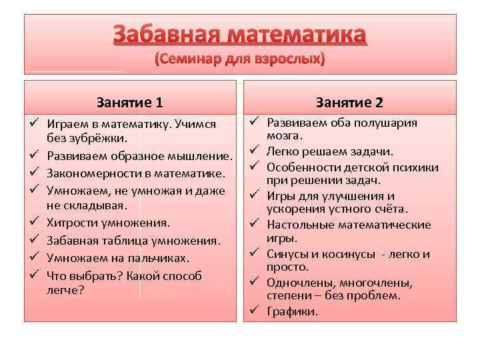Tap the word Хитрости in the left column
pos(71,223)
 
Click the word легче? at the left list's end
pos(65,289)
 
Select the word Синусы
pos(287,253)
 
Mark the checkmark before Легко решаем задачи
pos(255,151)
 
